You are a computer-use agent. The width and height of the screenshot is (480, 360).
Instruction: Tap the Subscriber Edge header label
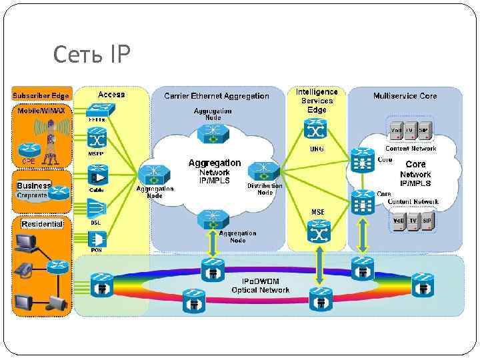(x=41, y=95)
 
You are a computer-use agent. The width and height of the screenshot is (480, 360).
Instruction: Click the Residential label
(x=42, y=224)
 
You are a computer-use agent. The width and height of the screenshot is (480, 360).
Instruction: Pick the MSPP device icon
(x=97, y=141)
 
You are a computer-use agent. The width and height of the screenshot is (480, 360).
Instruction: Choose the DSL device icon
(x=97, y=209)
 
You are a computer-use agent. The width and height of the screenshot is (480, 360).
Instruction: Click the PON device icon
(x=97, y=239)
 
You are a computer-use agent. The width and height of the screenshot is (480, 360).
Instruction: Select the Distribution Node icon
(x=265, y=171)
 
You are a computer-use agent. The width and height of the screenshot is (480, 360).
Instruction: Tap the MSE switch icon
(x=317, y=231)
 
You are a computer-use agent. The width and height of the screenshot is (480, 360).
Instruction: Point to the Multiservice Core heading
(x=405, y=96)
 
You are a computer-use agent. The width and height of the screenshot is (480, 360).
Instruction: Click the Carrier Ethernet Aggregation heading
(x=217, y=96)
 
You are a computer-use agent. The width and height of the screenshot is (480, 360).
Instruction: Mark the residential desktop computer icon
(x=26, y=246)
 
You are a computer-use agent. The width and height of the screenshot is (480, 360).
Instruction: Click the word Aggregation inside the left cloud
(x=215, y=163)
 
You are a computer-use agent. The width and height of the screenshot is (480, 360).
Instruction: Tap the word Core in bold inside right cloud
(x=415, y=164)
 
